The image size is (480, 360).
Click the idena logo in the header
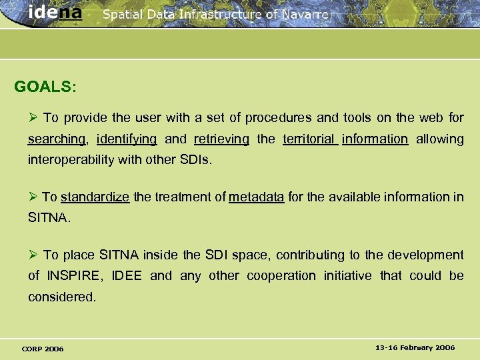pyautogui.click(x=56, y=13)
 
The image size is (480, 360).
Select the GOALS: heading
pyautogui.click(x=45, y=87)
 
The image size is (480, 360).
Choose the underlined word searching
pyautogui.click(x=57, y=139)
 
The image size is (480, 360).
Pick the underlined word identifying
pyautogui.click(x=127, y=139)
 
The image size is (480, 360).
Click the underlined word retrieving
pyautogui.click(x=221, y=139)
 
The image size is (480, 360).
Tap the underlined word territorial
pyautogui.click(x=309, y=139)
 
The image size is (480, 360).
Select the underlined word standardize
pyautogui.click(x=95, y=197)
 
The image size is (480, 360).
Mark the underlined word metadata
pyautogui.click(x=257, y=197)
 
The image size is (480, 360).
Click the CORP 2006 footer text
pyautogui.click(x=43, y=349)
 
